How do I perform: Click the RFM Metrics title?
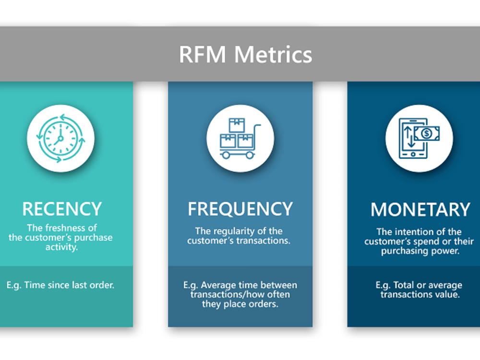(245, 55)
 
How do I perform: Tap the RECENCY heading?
(61, 209)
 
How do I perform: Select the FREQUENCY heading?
(240, 209)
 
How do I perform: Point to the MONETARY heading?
(420, 210)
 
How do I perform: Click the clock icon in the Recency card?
(60, 138)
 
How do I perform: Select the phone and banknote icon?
(419, 138)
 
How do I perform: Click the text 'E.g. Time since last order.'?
(60, 285)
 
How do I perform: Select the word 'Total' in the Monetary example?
(404, 286)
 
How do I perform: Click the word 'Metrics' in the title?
(273, 55)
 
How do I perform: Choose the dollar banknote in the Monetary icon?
(427, 133)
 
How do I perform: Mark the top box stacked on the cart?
(237, 125)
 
